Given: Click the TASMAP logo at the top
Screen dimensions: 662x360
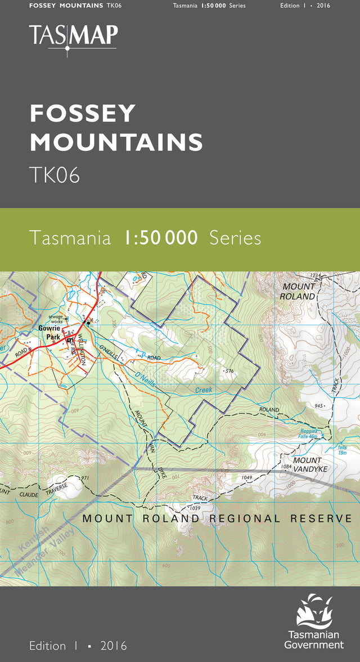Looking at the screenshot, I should tap(74, 37).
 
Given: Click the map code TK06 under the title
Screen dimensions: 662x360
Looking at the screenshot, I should tap(55, 176).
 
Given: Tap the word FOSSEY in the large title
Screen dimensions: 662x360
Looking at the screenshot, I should tap(83, 114).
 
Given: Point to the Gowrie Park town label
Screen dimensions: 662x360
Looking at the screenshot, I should tap(49, 332).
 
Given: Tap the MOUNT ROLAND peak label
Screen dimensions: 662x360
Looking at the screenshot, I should tap(299, 291).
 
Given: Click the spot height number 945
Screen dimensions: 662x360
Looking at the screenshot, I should tap(320, 405).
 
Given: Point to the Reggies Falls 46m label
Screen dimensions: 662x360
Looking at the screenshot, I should tap(307, 433).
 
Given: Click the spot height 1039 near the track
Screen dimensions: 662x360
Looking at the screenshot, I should tap(194, 508).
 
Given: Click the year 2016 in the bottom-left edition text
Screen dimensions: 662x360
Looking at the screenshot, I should tap(114, 646).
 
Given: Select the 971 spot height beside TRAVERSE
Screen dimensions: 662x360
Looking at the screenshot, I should tap(85, 478).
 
